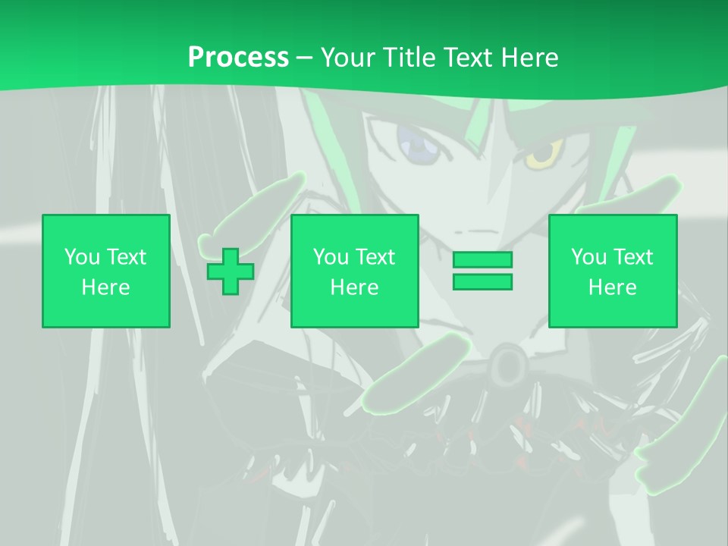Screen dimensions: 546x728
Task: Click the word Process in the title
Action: tap(238, 58)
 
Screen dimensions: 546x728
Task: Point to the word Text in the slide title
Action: tap(469, 58)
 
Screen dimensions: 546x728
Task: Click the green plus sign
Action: tap(231, 271)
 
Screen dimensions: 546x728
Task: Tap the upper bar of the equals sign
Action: tap(482, 259)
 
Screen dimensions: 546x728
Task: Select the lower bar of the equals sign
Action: tap(482, 281)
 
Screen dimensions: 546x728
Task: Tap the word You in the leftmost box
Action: tap(81, 257)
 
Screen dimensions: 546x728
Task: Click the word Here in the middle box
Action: tap(355, 287)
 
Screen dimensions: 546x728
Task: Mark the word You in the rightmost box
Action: tap(588, 257)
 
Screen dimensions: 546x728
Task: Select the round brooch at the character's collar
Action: tap(507, 366)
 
